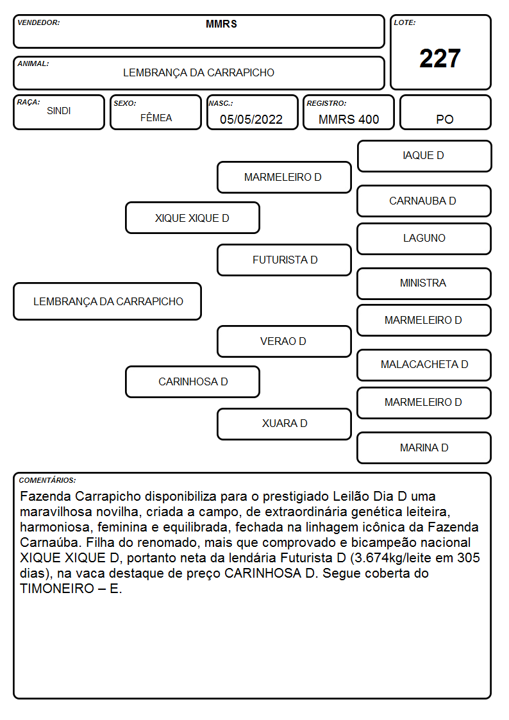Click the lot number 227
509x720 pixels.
[x=440, y=58]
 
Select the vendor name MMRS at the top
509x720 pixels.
[x=221, y=24]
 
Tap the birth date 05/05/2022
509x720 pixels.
[x=251, y=119]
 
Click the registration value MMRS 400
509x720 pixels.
[x=349, y=119]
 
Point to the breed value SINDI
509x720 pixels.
[x=59, y=111]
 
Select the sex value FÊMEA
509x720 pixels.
[x=156, y=117]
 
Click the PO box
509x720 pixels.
[x=445, y=112]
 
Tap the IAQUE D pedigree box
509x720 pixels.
[x=424, y=156]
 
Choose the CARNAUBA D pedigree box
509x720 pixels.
[x=424, y=201]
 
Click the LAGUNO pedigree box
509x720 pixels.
[x=424, y=239]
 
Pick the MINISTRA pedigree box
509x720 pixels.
[x=424, y=283]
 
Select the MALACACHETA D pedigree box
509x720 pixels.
[x=424, y=365]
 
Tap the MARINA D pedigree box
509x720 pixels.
[x=424, y=448]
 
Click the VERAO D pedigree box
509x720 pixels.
[x=284, y=341]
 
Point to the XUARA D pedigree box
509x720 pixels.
[x=284, y=424]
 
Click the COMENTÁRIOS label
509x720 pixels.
[x=47, y=480]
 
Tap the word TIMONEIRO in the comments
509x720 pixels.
[x=57, y=589]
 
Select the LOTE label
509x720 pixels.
[x=405, y=22]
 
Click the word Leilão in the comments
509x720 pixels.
[x=351, y=496]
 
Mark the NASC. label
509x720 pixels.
[x=221, y=104]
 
